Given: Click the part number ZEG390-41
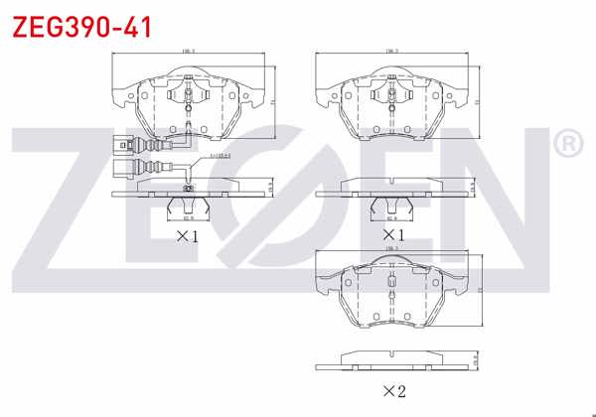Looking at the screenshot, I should click(81, 27).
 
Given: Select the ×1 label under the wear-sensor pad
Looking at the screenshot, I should click(188, 236).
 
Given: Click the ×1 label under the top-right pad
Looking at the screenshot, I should click(390, 236).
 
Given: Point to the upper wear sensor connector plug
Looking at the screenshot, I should click(124, 141).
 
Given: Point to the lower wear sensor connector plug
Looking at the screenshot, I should click(124, 167).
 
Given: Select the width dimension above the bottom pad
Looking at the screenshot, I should click(391, 248).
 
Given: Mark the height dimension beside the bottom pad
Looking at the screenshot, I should click(478, 290).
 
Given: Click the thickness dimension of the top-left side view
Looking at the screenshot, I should click(272, 186).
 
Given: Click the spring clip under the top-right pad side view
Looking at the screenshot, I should click(391, 207).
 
